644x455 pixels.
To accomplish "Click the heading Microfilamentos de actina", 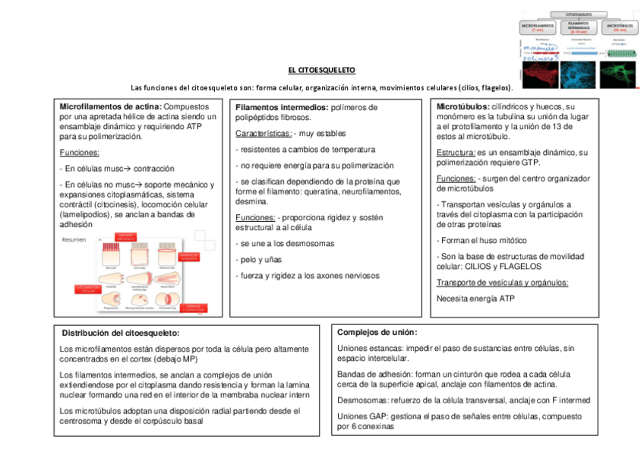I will tap(110, 107).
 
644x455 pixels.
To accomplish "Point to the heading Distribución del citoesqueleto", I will tap(121, 333).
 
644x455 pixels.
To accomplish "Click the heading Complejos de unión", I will tap(377, 332).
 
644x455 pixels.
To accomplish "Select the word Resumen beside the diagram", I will tap(74, 240).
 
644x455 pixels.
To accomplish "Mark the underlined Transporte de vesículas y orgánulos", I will tap(502, 283).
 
